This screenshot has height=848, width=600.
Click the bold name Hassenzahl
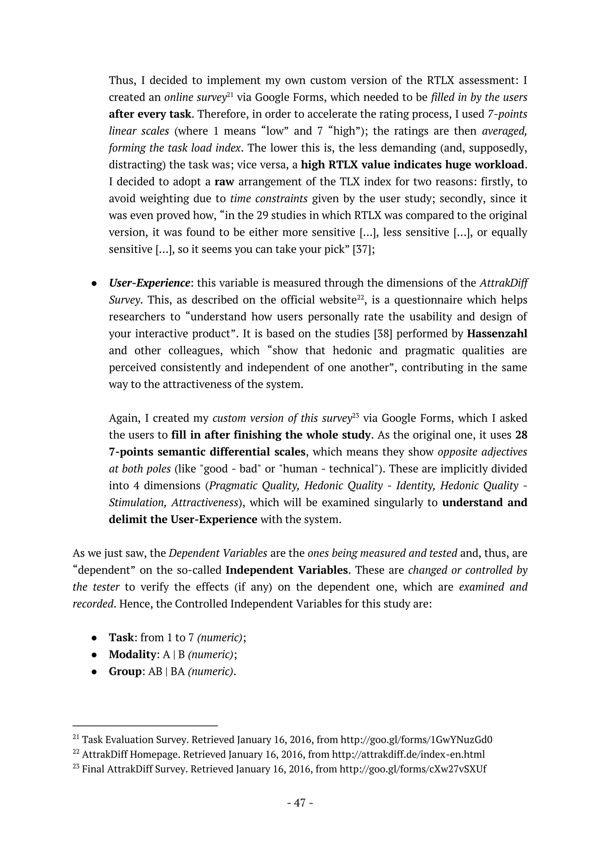(x=497, y=334)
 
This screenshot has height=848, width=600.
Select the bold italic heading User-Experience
(x=149, y=283)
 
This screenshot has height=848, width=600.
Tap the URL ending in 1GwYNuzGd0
(x=416, y=740)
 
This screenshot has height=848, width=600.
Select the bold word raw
(x=224, y=182)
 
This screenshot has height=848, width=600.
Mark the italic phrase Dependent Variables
(x=218, y=553)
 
